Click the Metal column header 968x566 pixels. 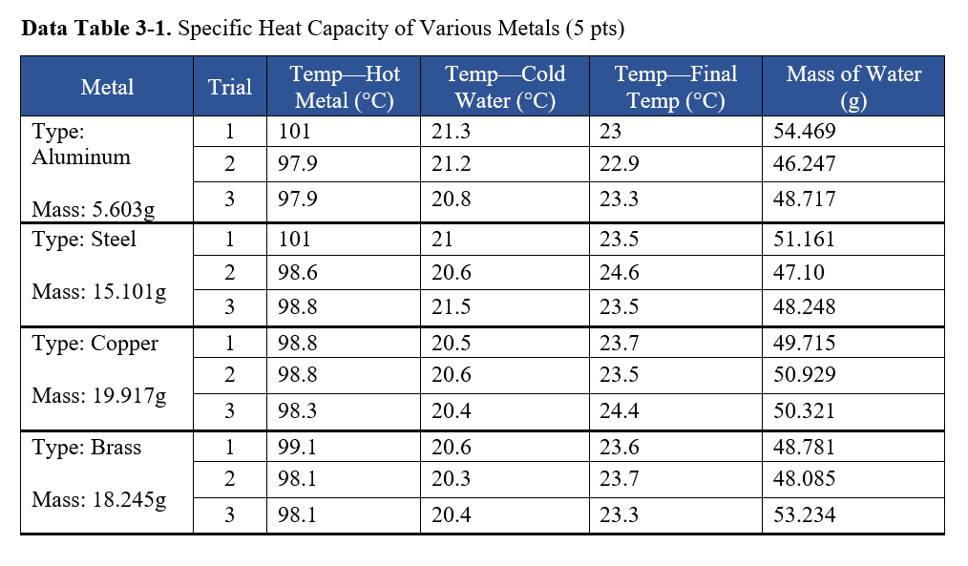coord(107,88)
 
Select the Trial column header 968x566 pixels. coord(230,88)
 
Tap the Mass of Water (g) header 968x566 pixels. coord(853,88)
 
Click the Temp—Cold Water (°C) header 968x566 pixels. coord(505,88)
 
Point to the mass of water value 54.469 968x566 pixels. coord(805,132)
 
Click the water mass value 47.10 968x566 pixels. coord(799,273)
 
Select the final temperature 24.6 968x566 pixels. coord(620,273)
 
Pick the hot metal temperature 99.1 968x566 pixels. coord(297,447)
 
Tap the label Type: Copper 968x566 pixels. coord(95,344)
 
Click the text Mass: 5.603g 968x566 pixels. coord(93,209)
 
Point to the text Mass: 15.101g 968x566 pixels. coord(98,291)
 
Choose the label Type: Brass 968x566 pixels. coord(87,447)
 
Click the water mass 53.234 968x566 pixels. coord(805,515)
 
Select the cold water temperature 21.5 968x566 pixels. coord(452,307)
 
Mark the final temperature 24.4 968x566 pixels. coord(620,411)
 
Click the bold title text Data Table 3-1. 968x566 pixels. coord(95,29)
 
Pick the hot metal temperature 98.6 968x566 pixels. coord(297,273)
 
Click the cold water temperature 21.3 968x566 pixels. coord(452,132)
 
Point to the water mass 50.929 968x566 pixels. coord(805,376)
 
